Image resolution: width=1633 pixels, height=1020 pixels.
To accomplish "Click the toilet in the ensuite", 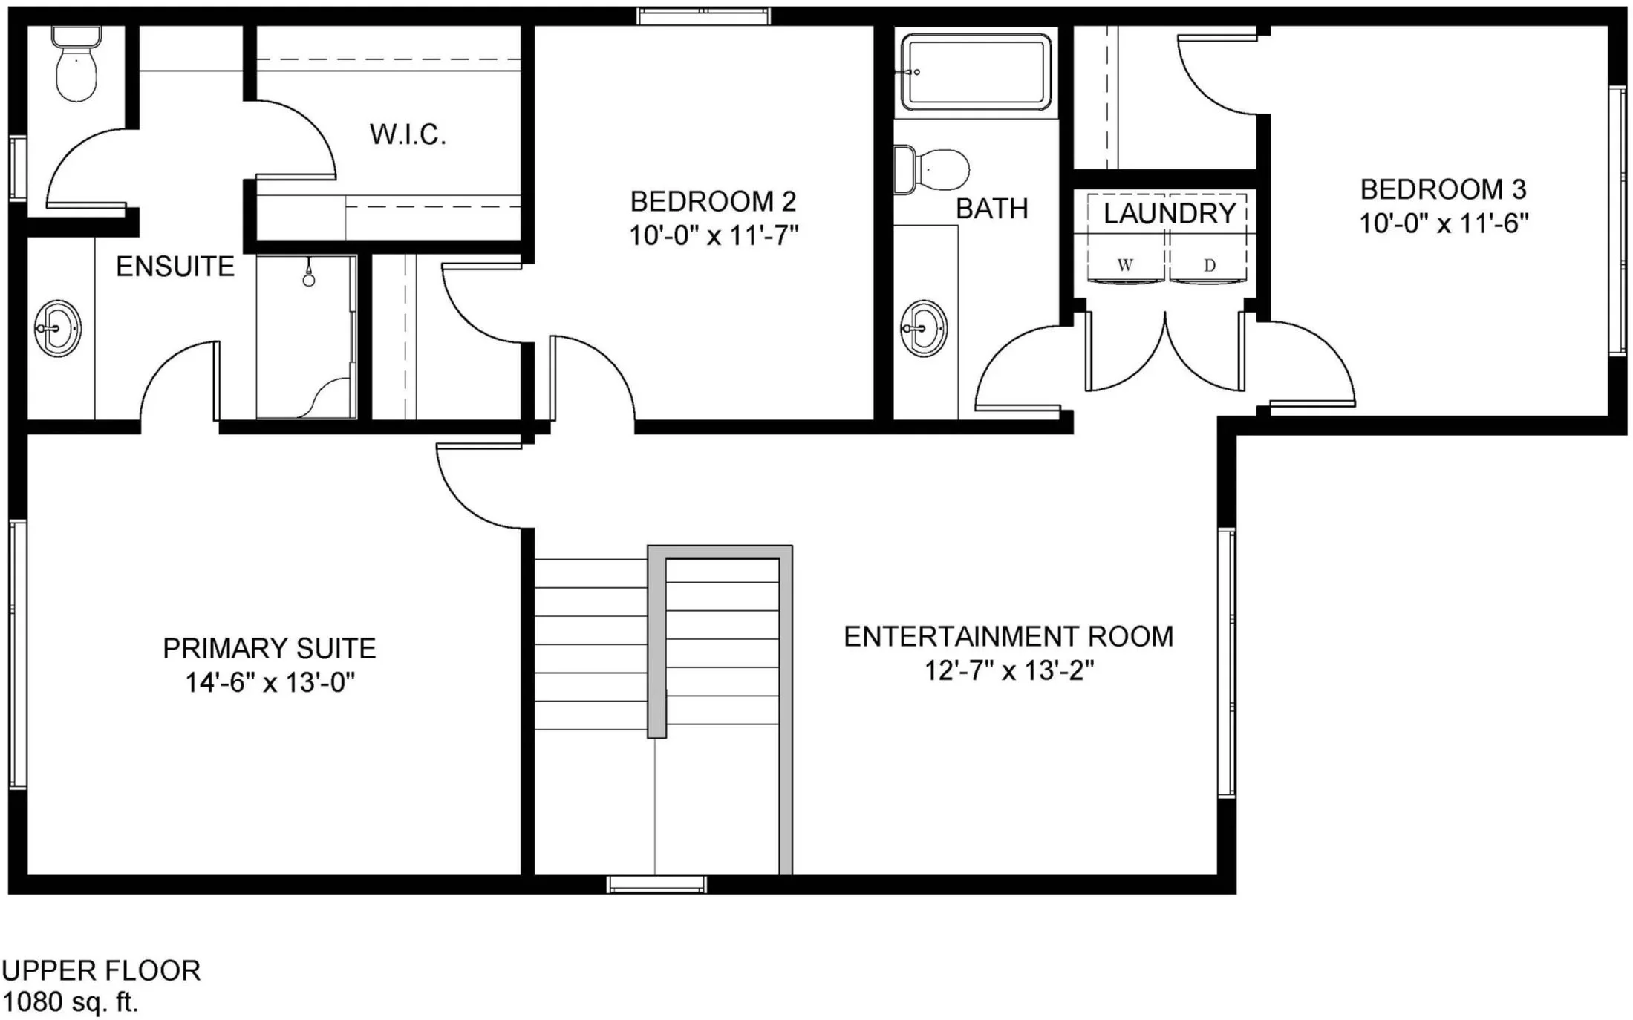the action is (76, 64).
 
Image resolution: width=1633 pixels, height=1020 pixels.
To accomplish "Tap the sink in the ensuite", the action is (58, 328).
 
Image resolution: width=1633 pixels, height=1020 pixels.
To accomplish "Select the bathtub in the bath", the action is (976, 72).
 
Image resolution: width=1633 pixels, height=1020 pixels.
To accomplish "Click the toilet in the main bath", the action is (931, 170).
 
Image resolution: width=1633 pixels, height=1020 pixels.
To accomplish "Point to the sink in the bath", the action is (924, 328).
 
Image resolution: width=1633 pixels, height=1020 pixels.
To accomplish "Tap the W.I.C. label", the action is (408, 134).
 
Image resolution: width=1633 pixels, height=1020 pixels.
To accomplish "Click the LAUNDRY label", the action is (1169, 213).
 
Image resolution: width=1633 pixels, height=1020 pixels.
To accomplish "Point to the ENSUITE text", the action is (175, 267).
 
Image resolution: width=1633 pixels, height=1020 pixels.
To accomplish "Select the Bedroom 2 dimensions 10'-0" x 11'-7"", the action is (714, 236).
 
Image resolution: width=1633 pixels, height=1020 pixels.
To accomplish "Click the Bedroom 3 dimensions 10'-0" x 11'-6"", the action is (1444, 223).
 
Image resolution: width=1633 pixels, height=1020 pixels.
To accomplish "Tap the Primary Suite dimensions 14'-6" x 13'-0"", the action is (270, 682).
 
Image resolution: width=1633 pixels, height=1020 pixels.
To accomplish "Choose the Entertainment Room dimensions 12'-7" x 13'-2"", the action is (1009, 670).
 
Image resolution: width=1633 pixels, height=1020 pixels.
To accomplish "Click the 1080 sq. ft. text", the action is (71, 1002).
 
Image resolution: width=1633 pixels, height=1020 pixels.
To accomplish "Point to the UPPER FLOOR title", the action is (101, 971).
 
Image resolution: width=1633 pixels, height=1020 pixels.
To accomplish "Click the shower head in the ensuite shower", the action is (309, 276).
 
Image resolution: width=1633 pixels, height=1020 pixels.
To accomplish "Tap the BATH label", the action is (992, 209).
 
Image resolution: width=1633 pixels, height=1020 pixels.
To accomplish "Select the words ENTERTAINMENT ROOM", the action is (1008, 636).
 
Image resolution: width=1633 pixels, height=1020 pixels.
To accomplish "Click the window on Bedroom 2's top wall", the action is (704, 16).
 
